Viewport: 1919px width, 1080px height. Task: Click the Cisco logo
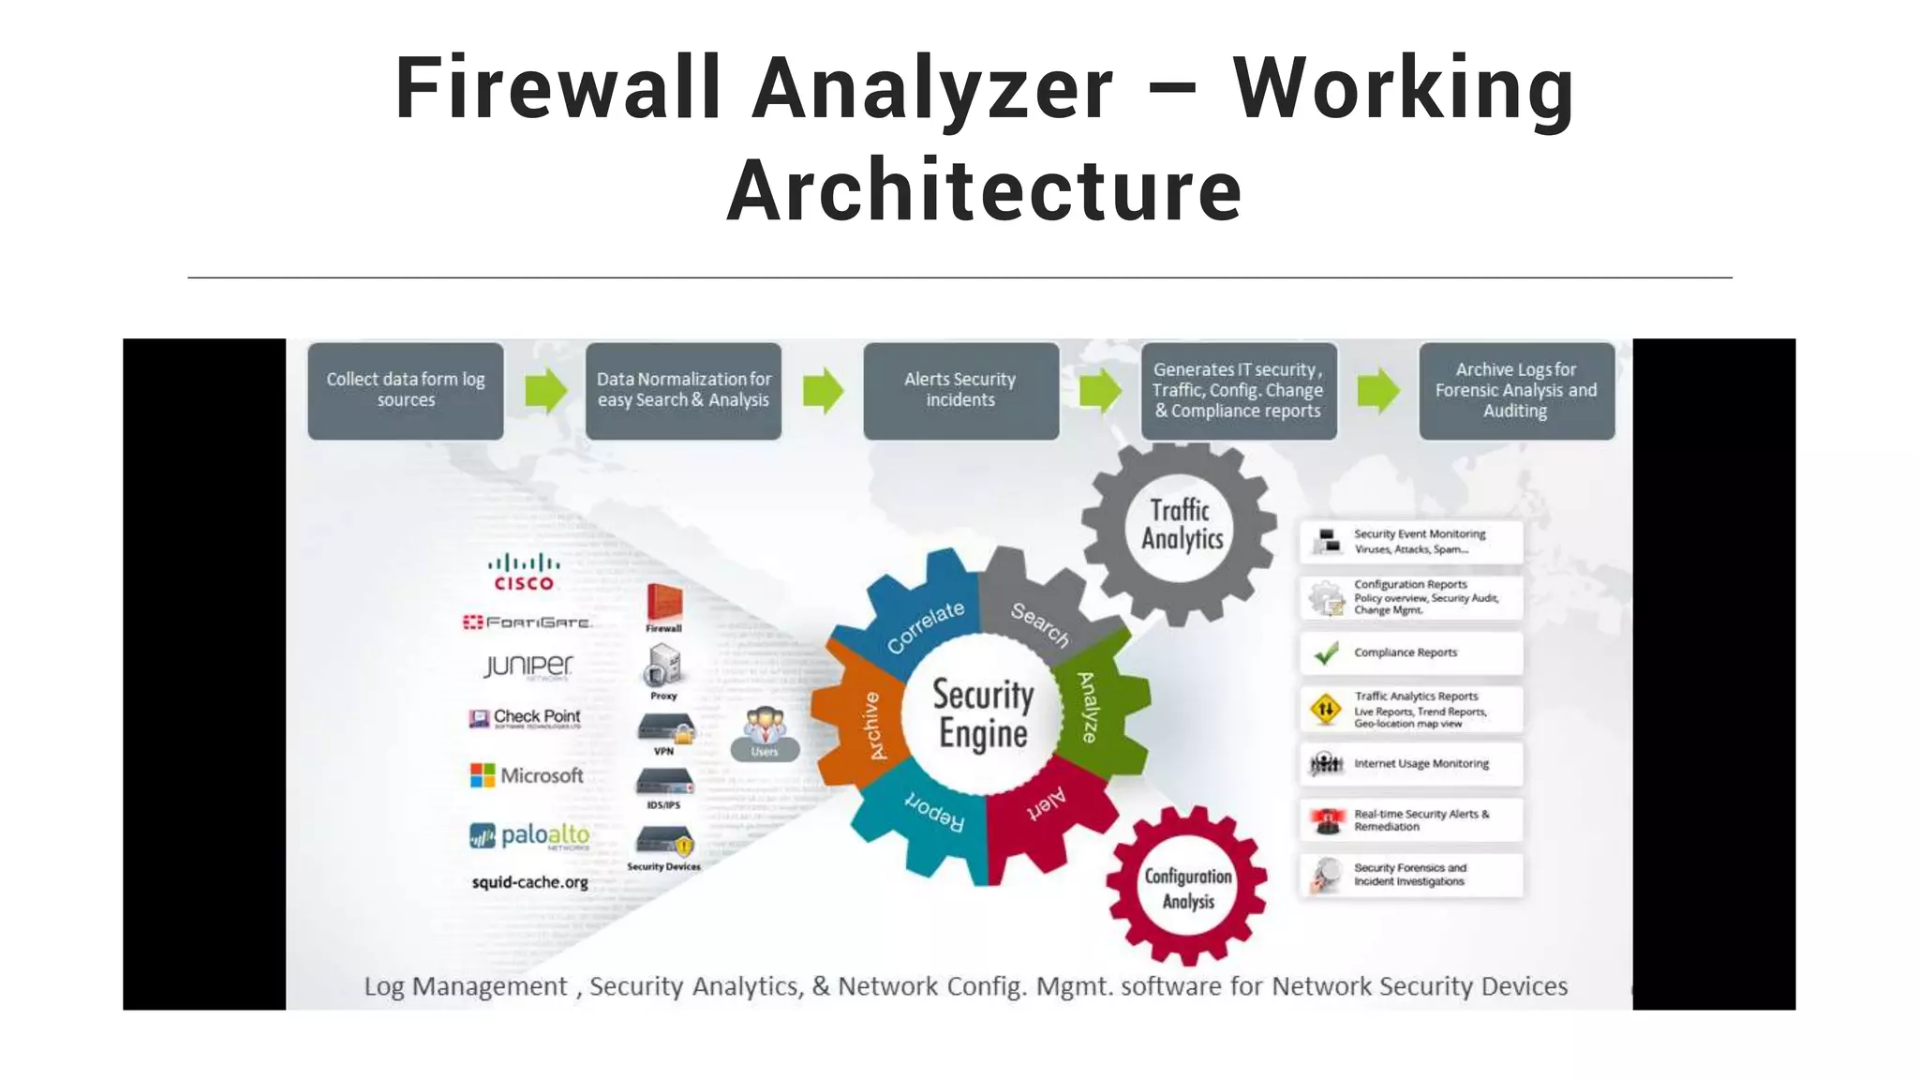524,572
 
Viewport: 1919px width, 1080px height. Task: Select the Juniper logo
528,666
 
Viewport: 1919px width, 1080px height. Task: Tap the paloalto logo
529,834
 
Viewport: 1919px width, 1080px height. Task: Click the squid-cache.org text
529,882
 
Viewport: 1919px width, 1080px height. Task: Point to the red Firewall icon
663,604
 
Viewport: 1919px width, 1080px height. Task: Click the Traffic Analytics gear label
1181,525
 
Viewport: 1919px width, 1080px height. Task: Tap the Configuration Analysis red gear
1187,887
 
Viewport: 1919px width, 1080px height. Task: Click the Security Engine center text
983,713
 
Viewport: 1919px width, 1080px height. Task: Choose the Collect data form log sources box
406,390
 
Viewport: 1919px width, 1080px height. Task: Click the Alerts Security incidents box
960,390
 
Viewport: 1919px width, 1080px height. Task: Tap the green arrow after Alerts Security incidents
1100,390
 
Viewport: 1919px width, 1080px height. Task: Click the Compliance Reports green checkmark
1326,652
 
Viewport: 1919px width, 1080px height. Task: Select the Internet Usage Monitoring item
1410,764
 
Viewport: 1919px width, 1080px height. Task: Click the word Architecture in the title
984,190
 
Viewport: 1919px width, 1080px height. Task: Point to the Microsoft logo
527,775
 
